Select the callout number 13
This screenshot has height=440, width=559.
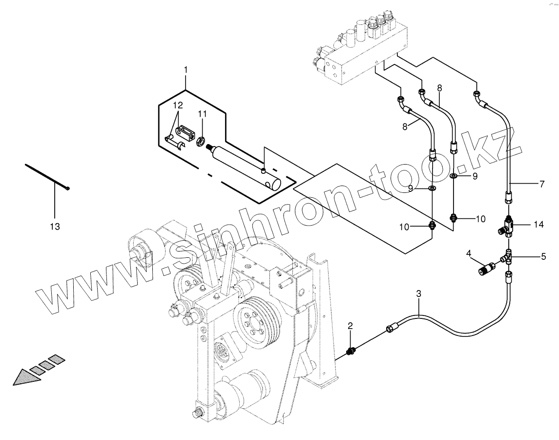tap(55, 226)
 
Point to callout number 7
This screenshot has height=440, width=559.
tap(541, 184)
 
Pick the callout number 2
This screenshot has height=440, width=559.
tap(350, 325)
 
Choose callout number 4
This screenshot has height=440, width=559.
tap(468, 253)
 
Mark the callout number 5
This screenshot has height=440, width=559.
tap(543, 255)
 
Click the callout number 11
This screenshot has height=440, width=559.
tap(202, 114)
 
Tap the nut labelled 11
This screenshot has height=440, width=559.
tap(200, 142)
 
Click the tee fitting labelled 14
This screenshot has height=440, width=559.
tap(508, 227)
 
